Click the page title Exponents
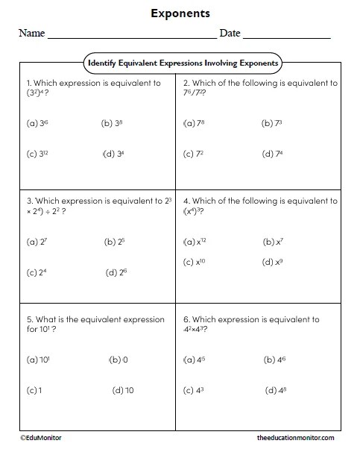(180, 13)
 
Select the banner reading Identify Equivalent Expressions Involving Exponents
(183, 63)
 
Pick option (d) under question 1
(115, 154)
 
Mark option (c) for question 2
(193, 154)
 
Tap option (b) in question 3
(115, 242)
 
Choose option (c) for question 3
(37, 272)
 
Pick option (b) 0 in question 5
(119, 360)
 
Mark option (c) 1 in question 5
(34, 390)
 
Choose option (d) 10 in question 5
(123, 390)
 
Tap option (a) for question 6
(194, 360)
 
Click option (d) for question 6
(275, 390)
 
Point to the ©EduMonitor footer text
(42, 438)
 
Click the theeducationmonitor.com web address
(295, 438)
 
